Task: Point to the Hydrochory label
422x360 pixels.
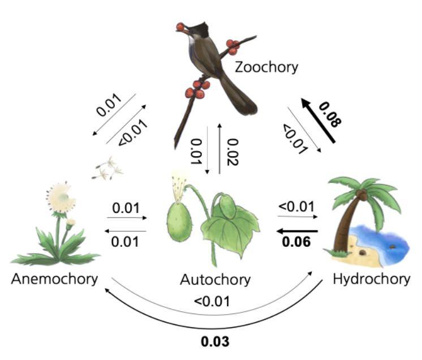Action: pos(371,279)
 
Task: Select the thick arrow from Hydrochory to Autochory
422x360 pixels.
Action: pos(297,231)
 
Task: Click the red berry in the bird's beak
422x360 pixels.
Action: pos(179,26)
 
